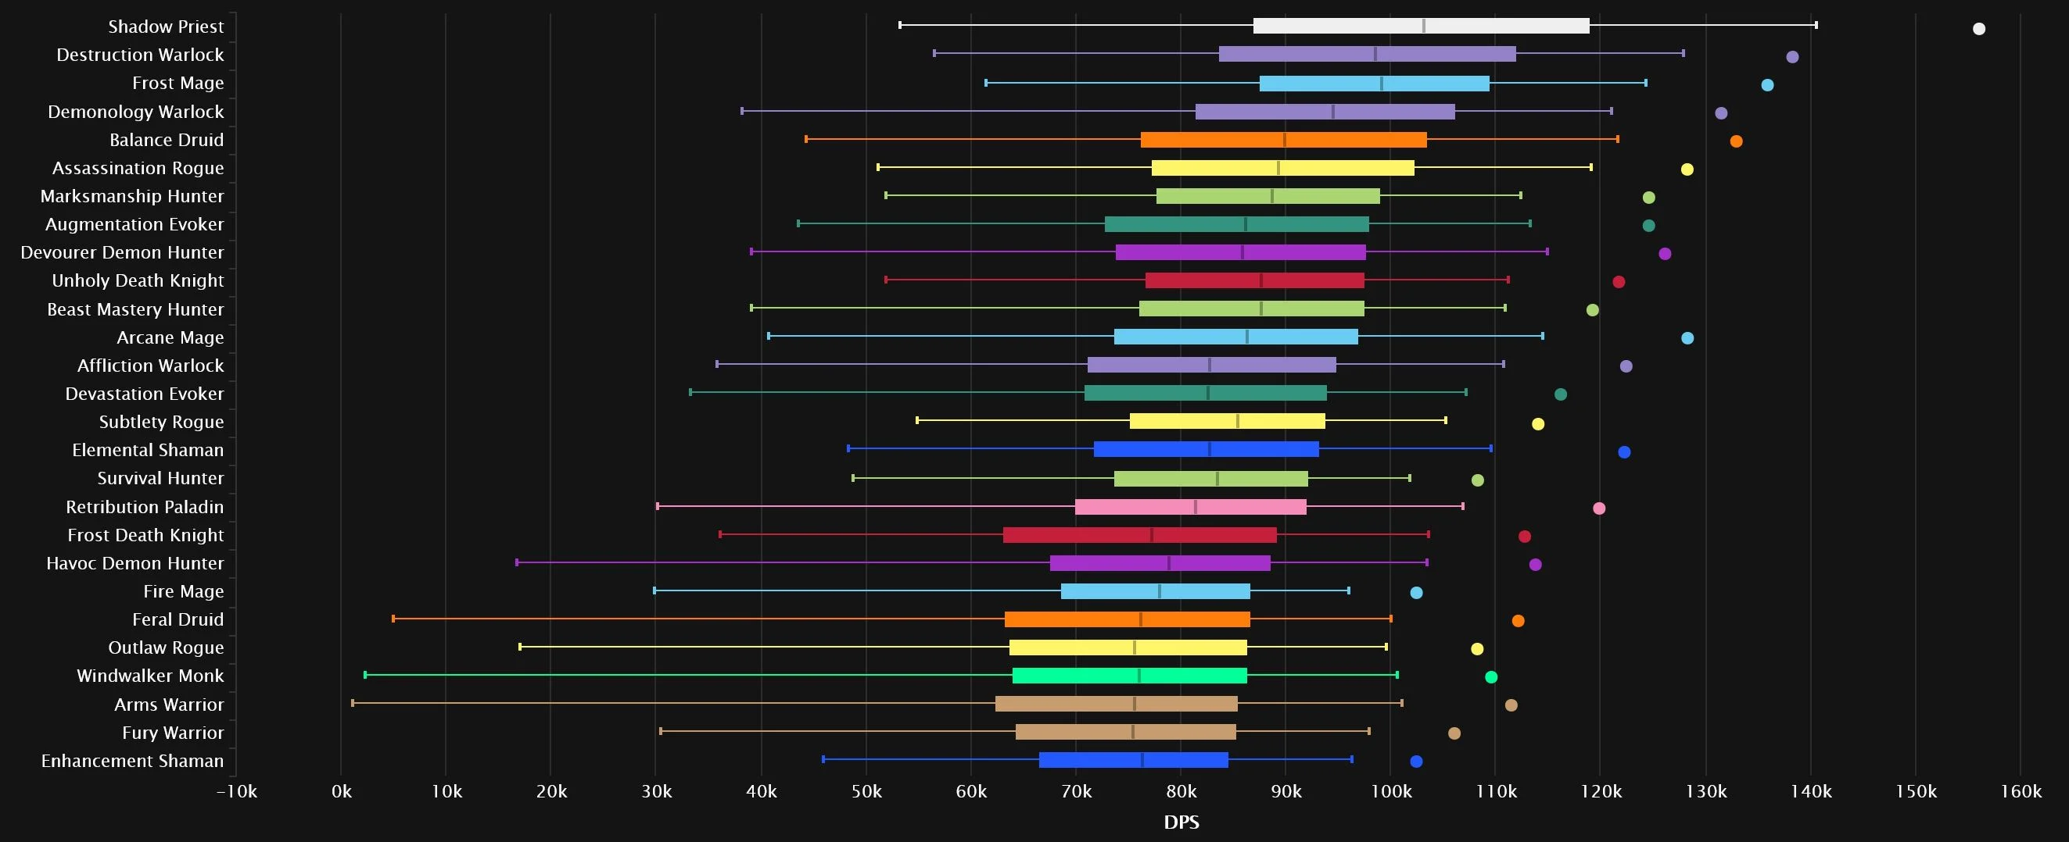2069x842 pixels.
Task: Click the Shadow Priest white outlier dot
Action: [x=1978, y=29]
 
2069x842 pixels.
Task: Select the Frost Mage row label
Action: [x=177, y=84]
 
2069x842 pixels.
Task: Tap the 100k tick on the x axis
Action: [x=1390, y=791]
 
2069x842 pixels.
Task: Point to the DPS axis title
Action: [x=1181, y=822]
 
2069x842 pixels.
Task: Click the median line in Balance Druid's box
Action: [x=1284, y=140]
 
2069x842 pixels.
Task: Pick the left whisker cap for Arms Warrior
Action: [x=353, y=703]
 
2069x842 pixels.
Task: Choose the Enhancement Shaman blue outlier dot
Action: [x=1416, y=761]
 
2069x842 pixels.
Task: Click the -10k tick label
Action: [x=236, y=791]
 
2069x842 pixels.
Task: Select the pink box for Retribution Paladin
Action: [x=1190, y=506]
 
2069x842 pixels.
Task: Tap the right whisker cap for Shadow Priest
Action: [x=1816, y=25]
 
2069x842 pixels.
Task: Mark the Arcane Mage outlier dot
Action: [x=1687, y=338]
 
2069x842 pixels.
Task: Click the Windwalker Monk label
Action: [x=150, y=676]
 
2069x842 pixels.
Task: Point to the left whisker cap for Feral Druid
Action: [x=393, y=619]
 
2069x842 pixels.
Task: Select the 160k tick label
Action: [x=2020, y=791]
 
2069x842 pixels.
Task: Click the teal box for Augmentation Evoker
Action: [x=1236, y=224]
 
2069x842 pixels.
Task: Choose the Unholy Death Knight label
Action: [x=138, y=281]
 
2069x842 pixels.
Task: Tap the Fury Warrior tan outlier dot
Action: [x=1454, y=733]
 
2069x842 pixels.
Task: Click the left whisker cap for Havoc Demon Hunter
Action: [x=516, y=562]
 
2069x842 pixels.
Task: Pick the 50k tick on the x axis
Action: [x=866, y=791]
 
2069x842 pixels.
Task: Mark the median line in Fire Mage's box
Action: [x=1160, y=591]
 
